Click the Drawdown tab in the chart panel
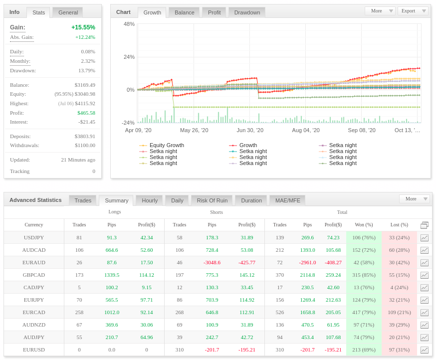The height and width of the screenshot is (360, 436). click(x=247, y=12)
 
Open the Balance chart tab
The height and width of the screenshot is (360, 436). click(x=185, y=12)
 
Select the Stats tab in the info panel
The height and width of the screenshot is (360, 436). click(x=38, y=12)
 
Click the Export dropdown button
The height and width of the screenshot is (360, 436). click(x=413, y=11)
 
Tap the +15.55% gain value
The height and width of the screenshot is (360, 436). click(x=83, y=27)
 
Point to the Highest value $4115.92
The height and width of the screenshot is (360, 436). click(x=85, y=103)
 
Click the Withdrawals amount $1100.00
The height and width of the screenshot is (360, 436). click(x=85, y=146)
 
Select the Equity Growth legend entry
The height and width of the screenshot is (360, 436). click(x=162, y=145)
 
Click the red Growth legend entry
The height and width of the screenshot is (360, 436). click(x=243, y=145)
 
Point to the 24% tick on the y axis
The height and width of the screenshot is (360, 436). click(x=129, y=57)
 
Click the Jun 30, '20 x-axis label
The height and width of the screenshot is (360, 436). click(x=250, y=130)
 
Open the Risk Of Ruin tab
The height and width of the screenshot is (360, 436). click(x=212, y=200)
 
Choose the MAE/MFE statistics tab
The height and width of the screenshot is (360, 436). click(x=287, y=200)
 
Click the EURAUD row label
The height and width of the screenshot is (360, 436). click(x=34, y=262)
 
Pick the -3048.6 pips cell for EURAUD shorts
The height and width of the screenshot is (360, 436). click(x=212, y=262)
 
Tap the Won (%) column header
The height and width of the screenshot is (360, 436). click(x=364, y=224)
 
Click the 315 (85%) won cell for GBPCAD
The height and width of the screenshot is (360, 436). click(x=364, y=275)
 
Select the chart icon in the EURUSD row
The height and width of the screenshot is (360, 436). click(x=425, y=350)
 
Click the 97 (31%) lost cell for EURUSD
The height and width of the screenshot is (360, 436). click(x=399, y=350)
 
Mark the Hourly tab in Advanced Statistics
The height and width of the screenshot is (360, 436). click(x=150, y=200)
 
